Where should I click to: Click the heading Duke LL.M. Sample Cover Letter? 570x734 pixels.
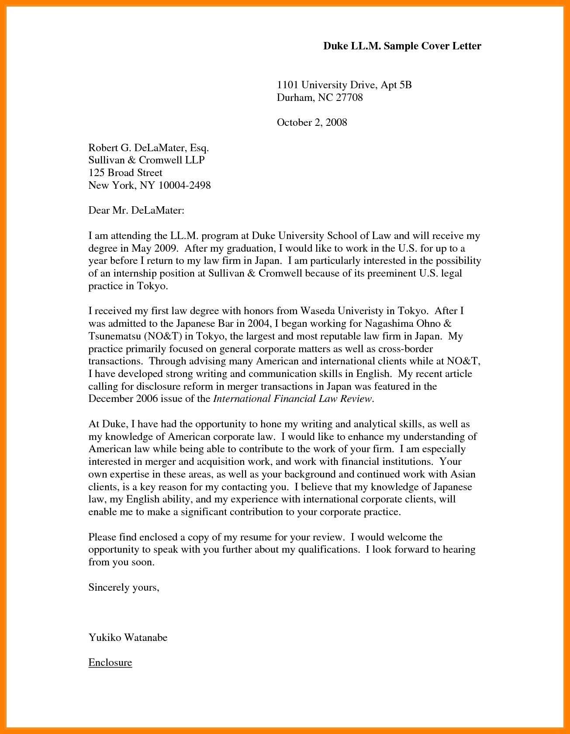[x=402, y=46]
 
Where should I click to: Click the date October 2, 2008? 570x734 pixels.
[x=312, y=122]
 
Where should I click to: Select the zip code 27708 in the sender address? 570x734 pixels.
[x=349, y=97]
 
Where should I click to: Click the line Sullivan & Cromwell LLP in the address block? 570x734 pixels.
[x=146, y=160]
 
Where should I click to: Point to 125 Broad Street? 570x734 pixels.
[x=125, y=173]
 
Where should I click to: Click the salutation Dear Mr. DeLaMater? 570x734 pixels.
[x=136, y=211]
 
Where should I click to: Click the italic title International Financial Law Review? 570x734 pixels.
[x=293, y=399]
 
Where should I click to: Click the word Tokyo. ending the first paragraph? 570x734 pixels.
[x=152, y=286]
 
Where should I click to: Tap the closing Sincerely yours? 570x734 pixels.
[x=124, y=587]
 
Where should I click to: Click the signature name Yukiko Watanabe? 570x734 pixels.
[x=128, y=637]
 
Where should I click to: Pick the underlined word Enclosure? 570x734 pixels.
[x=110, y=663]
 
